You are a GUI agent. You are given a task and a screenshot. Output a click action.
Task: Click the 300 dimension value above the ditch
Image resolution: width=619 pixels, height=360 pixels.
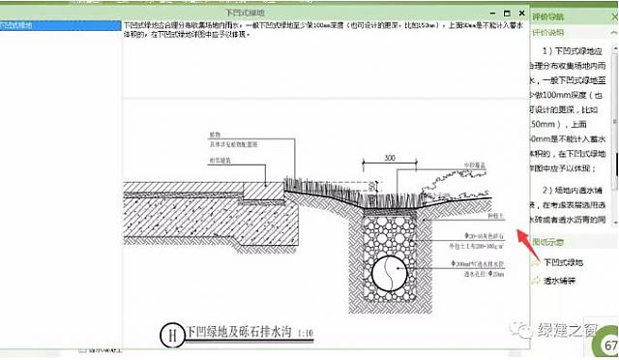[389, 157]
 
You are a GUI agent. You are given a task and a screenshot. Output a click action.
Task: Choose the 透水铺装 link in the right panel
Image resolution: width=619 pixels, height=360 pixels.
[561, 282]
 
